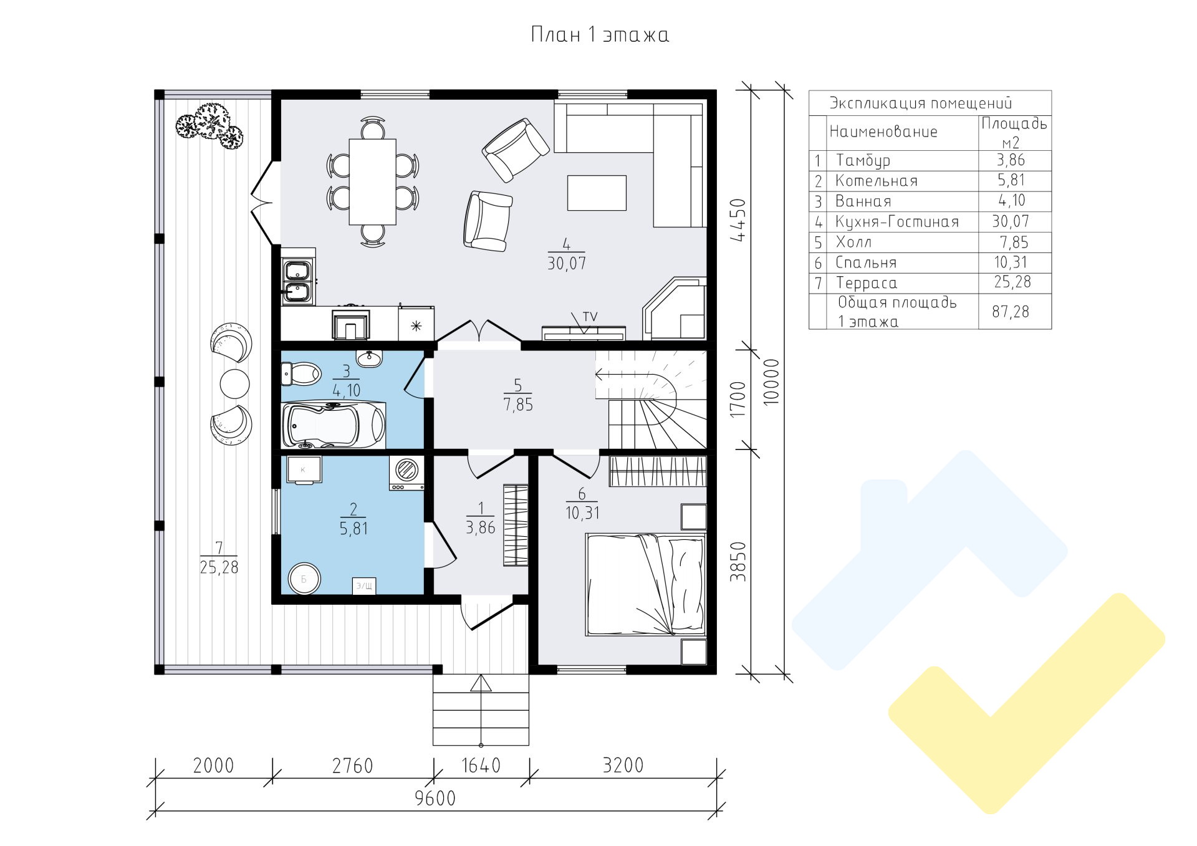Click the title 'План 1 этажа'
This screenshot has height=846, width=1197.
click(x=599, y=34)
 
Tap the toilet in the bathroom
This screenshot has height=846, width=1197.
click(x=301, y=374)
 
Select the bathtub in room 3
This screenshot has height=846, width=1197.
click(x=334, y=425)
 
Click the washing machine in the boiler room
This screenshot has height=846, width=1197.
click(x=407, y=473)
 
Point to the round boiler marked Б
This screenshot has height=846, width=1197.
click(x=304, y=579)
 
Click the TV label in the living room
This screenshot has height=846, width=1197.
click(x=590, y=317)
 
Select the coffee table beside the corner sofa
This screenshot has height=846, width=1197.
click(x=597, y=193)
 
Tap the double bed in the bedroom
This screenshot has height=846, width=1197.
click(x=645, y=584)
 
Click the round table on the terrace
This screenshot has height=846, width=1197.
click(x=235, y=383)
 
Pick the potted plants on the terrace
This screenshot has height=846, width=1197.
click(x=209, y=127)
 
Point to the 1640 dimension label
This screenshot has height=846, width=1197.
click(x=481, y=765)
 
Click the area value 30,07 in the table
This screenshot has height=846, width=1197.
click(x=1011, y=221)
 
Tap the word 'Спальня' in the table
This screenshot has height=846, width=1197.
click(x=866, y=262)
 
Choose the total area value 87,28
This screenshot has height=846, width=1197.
click(x=1011, y=311)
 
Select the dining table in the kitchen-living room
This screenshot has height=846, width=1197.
click(x=372, y=181)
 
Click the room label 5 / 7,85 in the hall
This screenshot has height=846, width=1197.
click(x=518, y=395)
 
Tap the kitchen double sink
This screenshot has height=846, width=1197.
click(x=298, y=281)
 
